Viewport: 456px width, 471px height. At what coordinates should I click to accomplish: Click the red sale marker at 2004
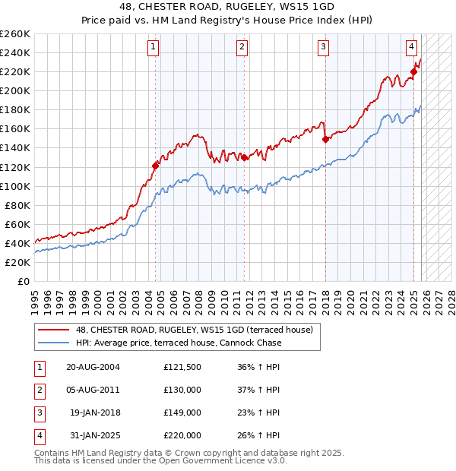156,165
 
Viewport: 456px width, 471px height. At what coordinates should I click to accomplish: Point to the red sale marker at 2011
244,157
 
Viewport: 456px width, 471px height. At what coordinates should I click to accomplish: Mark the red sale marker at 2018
325,139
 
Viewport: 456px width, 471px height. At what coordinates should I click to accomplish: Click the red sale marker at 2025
414,72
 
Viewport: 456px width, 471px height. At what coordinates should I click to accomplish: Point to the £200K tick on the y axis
15,90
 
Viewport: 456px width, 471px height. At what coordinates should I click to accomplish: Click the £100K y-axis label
15,186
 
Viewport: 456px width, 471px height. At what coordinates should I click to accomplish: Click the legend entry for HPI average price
179,343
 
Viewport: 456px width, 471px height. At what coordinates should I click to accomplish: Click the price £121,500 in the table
182,367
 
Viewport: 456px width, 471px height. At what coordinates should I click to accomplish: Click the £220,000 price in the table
182,435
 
